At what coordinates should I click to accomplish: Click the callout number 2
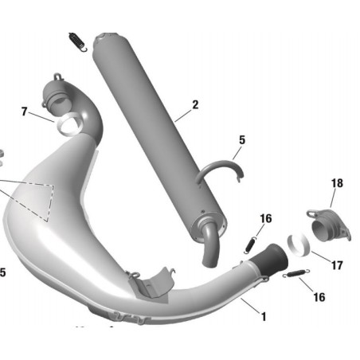click(x=195, y=104)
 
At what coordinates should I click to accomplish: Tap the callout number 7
click(x=25, y=112)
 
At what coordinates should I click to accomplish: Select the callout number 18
click(x=337, y=183)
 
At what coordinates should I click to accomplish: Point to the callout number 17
click(x=337, y=265)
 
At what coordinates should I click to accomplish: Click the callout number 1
click(x=264, y=316)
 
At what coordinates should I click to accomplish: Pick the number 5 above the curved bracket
click(x=242, y=140)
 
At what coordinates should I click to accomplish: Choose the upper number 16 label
click(x=266, y=218)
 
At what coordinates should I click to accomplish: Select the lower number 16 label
click(x=319, y=297)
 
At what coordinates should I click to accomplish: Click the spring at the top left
click(x=77, y=41)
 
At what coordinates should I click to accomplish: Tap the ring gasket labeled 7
click(x=68, y=123)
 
